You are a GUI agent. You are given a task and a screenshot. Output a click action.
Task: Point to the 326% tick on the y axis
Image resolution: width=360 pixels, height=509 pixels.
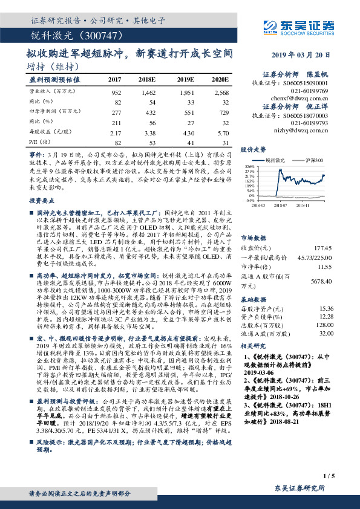click(249, 165)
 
